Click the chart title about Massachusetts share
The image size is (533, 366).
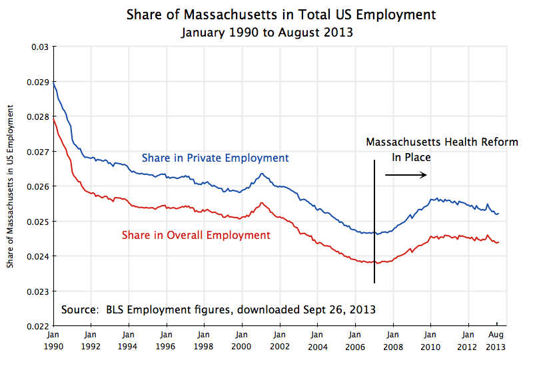283,15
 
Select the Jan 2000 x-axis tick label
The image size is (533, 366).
243,341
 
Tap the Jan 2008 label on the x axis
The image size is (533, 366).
394,341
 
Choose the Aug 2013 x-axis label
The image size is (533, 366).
496,341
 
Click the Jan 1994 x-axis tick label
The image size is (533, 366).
129,341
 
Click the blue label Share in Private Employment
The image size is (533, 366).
215,158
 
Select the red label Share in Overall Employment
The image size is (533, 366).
196,235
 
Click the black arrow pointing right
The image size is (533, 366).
406,175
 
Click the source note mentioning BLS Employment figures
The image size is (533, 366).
218,309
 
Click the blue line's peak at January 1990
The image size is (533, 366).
54,83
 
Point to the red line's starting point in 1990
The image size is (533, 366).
54,120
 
